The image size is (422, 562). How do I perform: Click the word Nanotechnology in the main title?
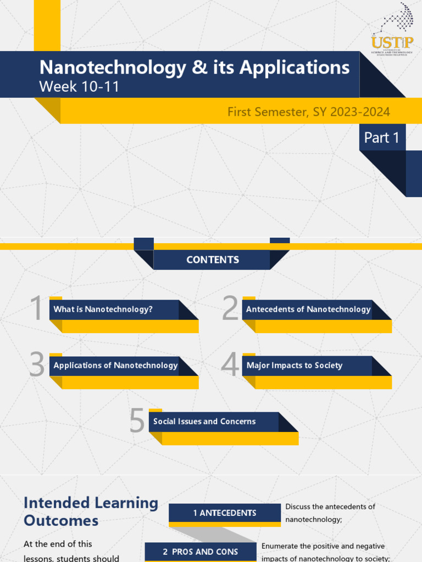coord(113,68)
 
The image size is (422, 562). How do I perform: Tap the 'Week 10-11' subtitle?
coord(79,86)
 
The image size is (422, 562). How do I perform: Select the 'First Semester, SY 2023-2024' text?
coord(309,112)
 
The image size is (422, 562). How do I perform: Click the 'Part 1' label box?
coord(382,138)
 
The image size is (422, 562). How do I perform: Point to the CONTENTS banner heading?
coord(213,260)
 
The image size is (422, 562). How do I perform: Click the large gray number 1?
coord(37,308)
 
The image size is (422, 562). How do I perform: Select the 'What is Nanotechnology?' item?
coord(103,310)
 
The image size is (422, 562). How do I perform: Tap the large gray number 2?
coord(230,308)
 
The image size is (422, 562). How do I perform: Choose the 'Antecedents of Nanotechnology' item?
coord(308,310)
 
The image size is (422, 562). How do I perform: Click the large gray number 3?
coord(37,364)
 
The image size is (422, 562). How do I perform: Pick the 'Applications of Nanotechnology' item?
coord(115,366)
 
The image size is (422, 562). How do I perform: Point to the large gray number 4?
coord(230,364)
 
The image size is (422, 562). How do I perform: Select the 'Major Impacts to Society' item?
coord(295,366)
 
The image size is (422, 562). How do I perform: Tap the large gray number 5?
coord(137,421)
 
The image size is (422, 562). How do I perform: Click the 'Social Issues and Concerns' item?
coord(204,421)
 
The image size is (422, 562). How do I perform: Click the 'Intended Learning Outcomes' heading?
coord(91,512)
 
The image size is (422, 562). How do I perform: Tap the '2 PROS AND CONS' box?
coord(201,552)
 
